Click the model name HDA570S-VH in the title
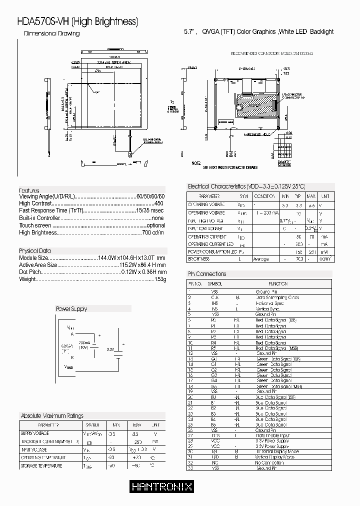[43, 21]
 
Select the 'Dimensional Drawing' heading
[52, 33]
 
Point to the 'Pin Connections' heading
[206, 274]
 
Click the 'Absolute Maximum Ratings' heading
[52, 415]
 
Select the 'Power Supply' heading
[71, 309]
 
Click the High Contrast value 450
[159, 204]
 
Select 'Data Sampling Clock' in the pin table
[277, 297]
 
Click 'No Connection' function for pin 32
[270, 462]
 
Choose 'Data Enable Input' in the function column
[273, 435]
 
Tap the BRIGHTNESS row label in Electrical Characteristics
[199, 259]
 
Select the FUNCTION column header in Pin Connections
[278, 283]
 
